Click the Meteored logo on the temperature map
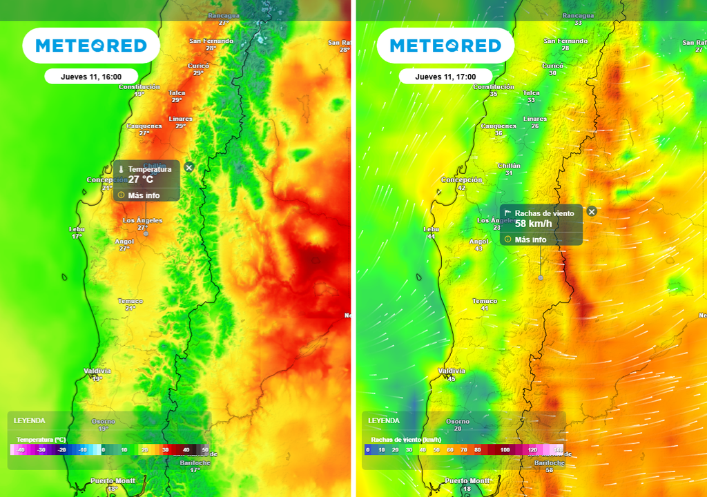(x=91, y=46)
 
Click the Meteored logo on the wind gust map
(x=445, y=46)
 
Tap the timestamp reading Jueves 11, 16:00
(x=91, y=77)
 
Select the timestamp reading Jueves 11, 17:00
(x=445, y=77)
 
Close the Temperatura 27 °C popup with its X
(x=189, y=167)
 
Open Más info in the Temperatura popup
(x=143, y=195)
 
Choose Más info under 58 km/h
(x=530, y=240)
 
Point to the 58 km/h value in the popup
(x=534, y=224)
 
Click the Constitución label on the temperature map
(x=139, y=87)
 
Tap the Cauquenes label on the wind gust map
(x=498, y=126)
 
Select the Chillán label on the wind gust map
(x=509, y=166)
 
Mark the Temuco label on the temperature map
(x=130, y=301)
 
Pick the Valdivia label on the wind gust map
(x=452, y=371)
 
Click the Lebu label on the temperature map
(x=77, y=228)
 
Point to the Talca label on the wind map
(x=531, y=92)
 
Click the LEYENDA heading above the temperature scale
(x=29, y=420)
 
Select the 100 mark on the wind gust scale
(x=505, y=449)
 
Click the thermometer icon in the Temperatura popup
(x=120, y=169)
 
